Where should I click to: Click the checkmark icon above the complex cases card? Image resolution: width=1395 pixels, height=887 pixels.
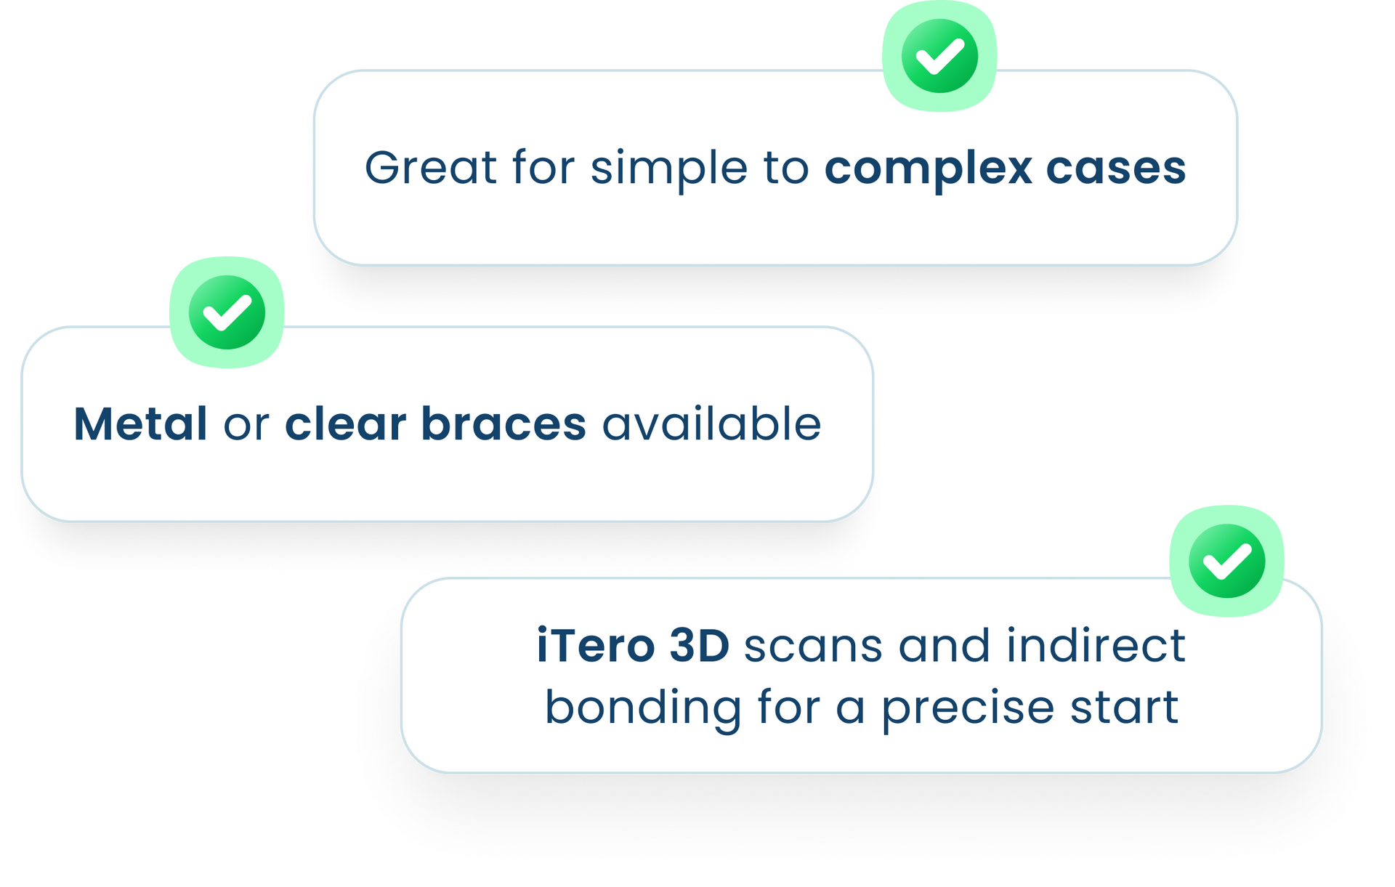click(x=939, y=56)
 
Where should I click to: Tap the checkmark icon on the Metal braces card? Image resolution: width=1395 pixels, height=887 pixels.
click(x=227, y=312)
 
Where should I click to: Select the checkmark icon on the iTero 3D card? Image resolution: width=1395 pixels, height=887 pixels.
click(x=1226, y=561)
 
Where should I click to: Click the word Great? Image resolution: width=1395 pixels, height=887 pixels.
click(x=430, y=168)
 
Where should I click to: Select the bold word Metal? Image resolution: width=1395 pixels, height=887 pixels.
click(x=141, y=424)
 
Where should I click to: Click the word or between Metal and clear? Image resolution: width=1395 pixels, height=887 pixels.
click(x=246, y=426)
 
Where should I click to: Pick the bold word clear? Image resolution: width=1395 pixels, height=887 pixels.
click(x=345, y=424)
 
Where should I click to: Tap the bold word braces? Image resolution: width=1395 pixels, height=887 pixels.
click(x=504, y=424)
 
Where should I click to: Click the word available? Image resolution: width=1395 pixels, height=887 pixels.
click(x=712, y=424)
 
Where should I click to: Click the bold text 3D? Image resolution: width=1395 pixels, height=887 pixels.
click(x=699, y=645)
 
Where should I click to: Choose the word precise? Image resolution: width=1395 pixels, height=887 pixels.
click(x=968, y=710)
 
